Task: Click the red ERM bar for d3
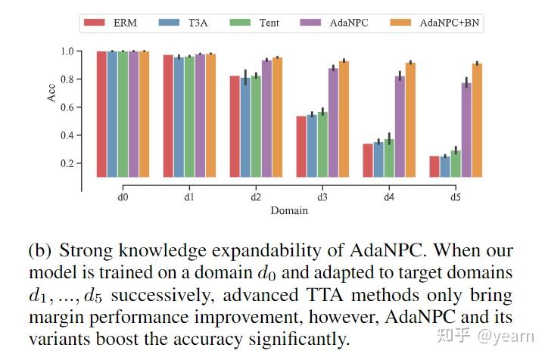(301, 146)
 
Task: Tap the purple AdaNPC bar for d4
(400, 126)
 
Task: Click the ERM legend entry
(112, 23)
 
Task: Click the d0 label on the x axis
(123, 196)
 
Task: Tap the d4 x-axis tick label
(389, 196)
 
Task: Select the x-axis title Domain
(289, 210)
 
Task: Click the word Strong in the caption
(84, 250)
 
